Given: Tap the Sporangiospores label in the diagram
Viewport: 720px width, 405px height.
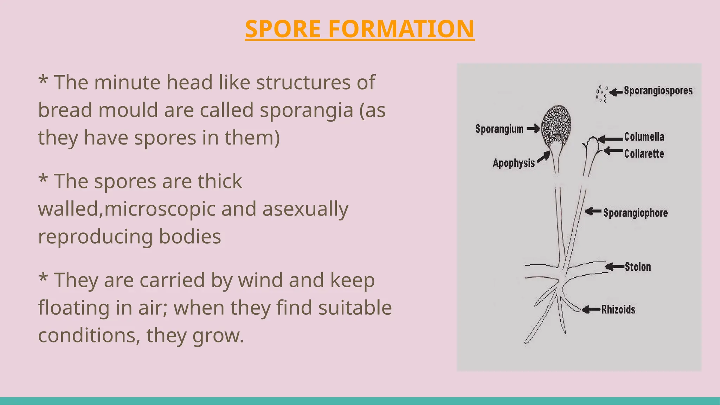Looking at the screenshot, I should [x=658, y=91].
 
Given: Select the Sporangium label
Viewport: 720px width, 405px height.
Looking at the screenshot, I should [x=499, y=129].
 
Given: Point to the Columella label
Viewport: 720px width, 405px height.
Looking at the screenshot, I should [x=644, y=137].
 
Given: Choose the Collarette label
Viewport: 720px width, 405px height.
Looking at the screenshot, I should [x=644, y=154].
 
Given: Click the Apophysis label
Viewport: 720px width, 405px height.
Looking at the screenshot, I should [x=514, y=163].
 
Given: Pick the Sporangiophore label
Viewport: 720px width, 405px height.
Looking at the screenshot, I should [x=635, y=213].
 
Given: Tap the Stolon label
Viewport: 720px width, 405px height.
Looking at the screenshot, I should [x=638, y=267].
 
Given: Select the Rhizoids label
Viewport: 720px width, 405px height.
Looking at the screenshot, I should [x=618, y=309].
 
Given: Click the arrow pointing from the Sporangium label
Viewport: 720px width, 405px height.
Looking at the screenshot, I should [x=533, y=129].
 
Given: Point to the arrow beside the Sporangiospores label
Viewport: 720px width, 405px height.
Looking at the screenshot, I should [x=616, y=92].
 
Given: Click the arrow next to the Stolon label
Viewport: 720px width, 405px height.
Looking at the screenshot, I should [x=615, y=267].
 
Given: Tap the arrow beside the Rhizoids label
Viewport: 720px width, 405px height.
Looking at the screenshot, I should [x=591, y=310].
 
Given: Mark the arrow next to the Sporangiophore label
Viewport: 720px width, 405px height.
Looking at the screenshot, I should [x=593, y=212].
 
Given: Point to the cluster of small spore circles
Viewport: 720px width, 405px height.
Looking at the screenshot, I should [x=601, y=94].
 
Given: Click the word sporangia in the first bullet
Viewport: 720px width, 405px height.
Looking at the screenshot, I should [x=306, y=110].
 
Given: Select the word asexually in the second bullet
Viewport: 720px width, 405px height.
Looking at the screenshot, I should [x=305, y=209].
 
